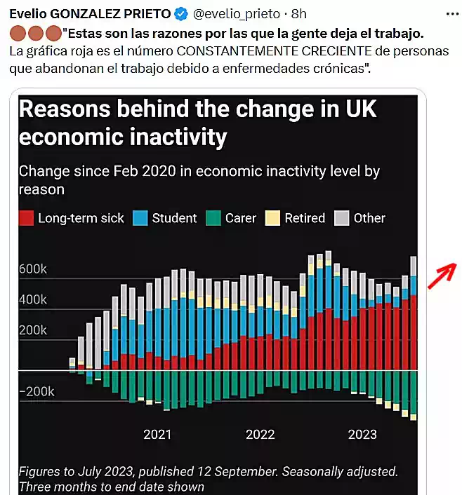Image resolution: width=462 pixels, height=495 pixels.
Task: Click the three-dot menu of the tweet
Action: [x=452, y=13]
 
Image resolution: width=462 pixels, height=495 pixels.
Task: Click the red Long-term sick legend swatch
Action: [x=27, y=218]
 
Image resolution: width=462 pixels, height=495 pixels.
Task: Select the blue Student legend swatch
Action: [x=140, y=218]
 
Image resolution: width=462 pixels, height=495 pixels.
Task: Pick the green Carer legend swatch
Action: [x=213, y=218]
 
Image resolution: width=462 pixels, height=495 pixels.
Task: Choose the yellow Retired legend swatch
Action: [x=272, y=218]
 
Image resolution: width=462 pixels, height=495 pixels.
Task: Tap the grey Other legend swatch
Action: [x=342, y=218]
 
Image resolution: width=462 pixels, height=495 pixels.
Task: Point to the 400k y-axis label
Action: [x=32, y=300]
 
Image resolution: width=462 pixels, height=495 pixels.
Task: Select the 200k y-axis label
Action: [x=32, y=330]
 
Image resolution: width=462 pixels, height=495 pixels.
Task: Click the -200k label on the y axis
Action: [x=36, y=391]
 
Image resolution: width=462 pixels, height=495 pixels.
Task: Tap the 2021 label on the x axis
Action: [x=157, y=434]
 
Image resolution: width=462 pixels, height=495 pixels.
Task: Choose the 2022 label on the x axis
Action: [x=260, y=434]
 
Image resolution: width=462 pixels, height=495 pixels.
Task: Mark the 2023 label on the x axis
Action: [x=362, y=434]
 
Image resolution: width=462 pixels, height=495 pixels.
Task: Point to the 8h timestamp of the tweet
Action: [x=299, y=13]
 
